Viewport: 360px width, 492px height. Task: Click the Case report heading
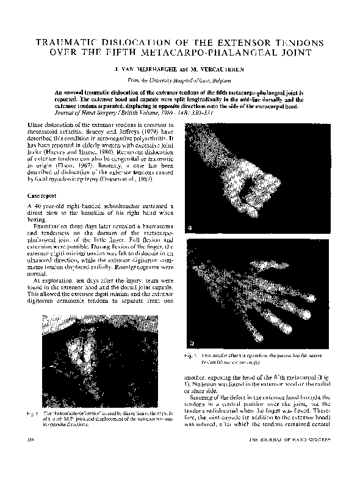click(x=46, y=197)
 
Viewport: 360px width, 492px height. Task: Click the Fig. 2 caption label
click(x=190, y=355)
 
